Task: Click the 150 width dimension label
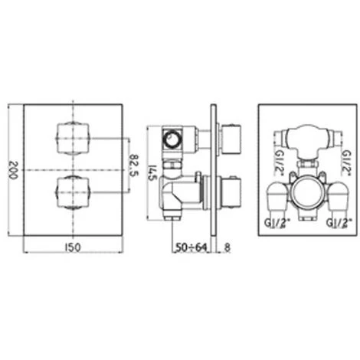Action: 75,247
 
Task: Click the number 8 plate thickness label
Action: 226,247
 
